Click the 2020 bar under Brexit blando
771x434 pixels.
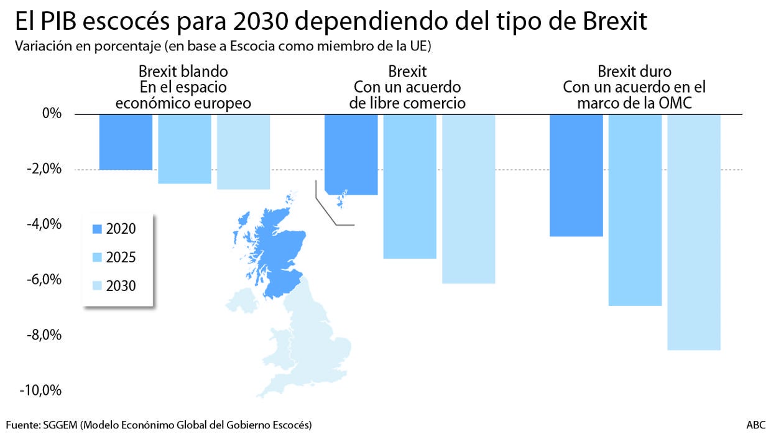126,142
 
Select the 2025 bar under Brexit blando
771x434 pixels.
184,149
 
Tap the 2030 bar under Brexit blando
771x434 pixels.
243,152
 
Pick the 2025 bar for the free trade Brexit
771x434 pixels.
409,186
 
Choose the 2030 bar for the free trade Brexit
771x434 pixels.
468,199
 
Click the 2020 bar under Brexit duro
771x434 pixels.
576,175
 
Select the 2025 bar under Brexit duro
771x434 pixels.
635,210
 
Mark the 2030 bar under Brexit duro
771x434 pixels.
694,232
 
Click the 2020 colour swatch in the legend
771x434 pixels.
96,229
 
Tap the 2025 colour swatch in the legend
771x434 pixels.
96,257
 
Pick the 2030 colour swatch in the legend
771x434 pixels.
96,286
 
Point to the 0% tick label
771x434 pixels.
52,114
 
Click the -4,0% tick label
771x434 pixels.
45,224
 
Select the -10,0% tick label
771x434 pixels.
42,390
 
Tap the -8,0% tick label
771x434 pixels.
45,335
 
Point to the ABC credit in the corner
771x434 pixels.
756,425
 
